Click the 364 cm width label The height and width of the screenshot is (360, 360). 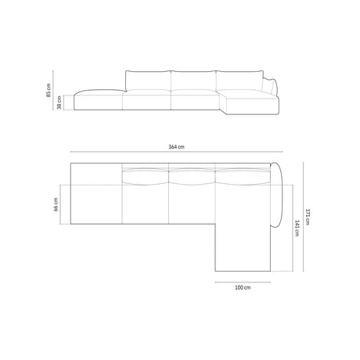coord(176,147)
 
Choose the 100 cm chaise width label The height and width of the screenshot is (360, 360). coord(242,287)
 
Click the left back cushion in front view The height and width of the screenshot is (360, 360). coord(146,79)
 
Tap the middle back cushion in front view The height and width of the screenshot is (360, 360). coord(193,79)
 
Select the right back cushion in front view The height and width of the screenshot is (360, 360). coord(239,79)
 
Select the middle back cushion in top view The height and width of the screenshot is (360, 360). coord(193,176)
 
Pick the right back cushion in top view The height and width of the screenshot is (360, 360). coord(239,176)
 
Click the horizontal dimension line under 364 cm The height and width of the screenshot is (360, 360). coord(176,153)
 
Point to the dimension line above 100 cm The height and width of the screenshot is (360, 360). coord(242,280)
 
